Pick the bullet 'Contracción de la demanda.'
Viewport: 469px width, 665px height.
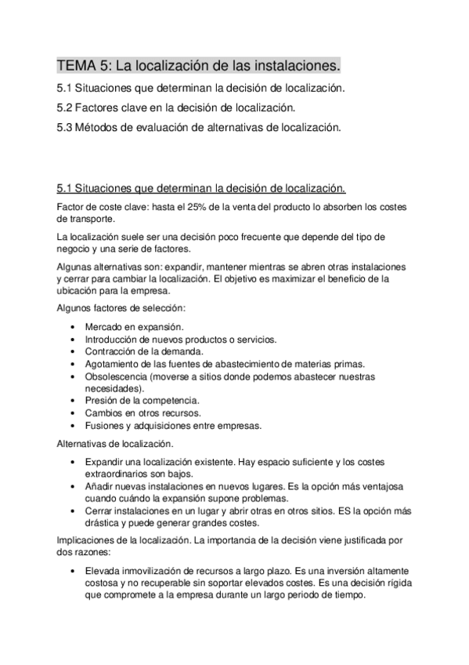tap(138, 352)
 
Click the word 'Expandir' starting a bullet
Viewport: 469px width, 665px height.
tap(106, 461)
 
